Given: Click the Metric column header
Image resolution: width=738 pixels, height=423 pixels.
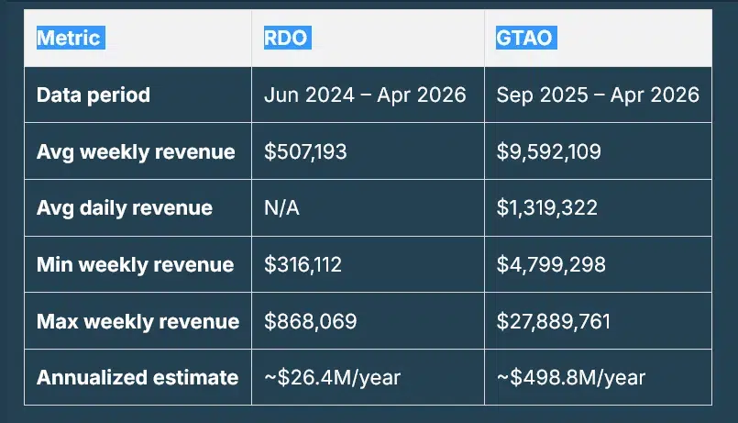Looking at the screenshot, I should pos(69,39).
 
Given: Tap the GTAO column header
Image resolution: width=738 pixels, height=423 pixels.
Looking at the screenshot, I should pos(526,39).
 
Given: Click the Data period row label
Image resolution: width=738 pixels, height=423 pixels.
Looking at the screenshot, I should pos(94,95).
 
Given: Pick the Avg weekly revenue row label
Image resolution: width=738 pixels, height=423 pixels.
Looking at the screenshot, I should pos(136,151).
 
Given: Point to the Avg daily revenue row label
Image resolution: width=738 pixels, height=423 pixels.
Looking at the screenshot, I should pos(125,208).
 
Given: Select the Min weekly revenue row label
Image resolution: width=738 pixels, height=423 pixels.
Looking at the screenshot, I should pos(135,265).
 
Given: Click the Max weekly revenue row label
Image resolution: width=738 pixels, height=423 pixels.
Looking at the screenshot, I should pos(138,321).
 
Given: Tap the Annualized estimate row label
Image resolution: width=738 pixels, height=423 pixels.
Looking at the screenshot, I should pos(138,377).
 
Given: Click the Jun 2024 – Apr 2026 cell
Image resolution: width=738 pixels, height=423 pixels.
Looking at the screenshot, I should pos(365,95).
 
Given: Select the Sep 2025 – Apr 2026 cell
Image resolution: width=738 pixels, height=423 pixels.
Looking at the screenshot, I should pos(597,95).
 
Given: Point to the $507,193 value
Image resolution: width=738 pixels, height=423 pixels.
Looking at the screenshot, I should pos(305,151).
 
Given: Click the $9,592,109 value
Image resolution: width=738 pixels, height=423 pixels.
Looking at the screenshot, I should pos(548,151).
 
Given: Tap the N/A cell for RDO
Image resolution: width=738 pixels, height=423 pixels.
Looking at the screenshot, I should pos(281,208).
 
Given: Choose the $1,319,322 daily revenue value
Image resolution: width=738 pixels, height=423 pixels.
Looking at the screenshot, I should pos(546,208).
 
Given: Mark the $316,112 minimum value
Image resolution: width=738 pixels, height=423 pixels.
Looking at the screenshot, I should pos(303,265).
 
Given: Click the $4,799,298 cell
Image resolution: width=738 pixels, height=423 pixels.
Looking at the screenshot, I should pos(548,265).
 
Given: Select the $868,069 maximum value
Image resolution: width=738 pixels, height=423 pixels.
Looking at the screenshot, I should pos(310,321).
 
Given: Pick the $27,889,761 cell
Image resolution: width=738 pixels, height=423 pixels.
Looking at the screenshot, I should pos(553,321).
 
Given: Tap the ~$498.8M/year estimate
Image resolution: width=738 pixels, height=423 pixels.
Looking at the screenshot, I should pos(570,377).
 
